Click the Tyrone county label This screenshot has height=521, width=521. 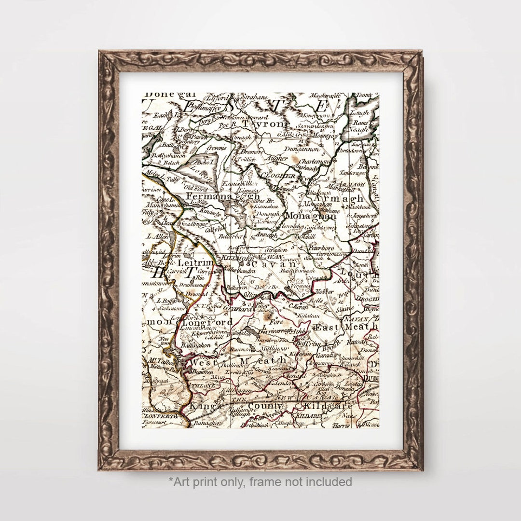point(264,124)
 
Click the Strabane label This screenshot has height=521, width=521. point(254,97)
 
